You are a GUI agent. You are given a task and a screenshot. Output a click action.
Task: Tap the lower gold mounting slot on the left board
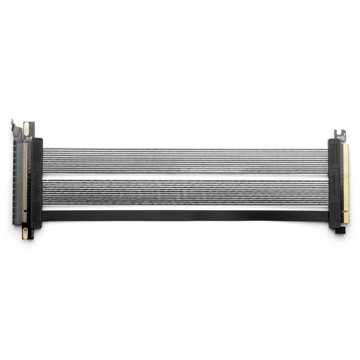tap(25, 233)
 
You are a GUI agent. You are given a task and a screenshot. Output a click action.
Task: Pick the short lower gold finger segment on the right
tap(346, 217)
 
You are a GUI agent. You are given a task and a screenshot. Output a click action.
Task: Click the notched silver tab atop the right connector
tap(340, 134)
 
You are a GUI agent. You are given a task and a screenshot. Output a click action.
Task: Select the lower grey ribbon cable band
tap(184, 193)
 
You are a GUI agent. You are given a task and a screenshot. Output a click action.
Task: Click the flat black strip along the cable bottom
tap(184, 216)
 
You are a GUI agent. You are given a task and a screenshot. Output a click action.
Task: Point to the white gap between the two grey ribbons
tap(184, 177)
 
